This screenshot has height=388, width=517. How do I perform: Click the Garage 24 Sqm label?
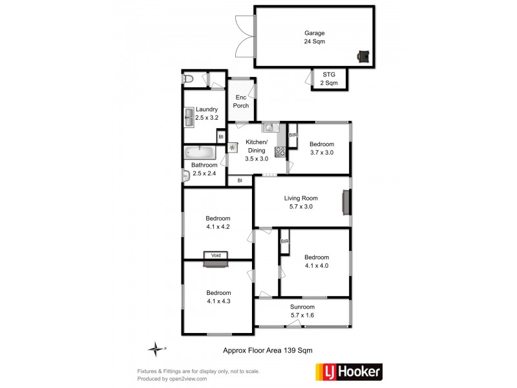point(314,37)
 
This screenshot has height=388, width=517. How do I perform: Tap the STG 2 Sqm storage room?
point(330,78)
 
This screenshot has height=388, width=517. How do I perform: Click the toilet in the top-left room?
point(189,79)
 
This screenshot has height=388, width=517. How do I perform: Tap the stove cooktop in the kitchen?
point(280,152)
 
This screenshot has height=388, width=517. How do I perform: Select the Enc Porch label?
point(242,102)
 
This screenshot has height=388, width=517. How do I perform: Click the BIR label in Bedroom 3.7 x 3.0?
point(293,135)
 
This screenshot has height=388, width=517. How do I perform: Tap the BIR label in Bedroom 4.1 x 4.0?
point(284,241)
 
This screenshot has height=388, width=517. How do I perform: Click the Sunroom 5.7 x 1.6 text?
point(302,311)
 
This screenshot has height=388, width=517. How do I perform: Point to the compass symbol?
point(155,349)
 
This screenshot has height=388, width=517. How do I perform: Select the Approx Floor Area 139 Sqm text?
point(268,350)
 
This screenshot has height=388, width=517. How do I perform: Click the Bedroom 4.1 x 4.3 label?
point(218,296)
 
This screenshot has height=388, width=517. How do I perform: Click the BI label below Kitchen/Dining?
point(240,180)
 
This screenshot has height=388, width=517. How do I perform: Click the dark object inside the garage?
point(363,56)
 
